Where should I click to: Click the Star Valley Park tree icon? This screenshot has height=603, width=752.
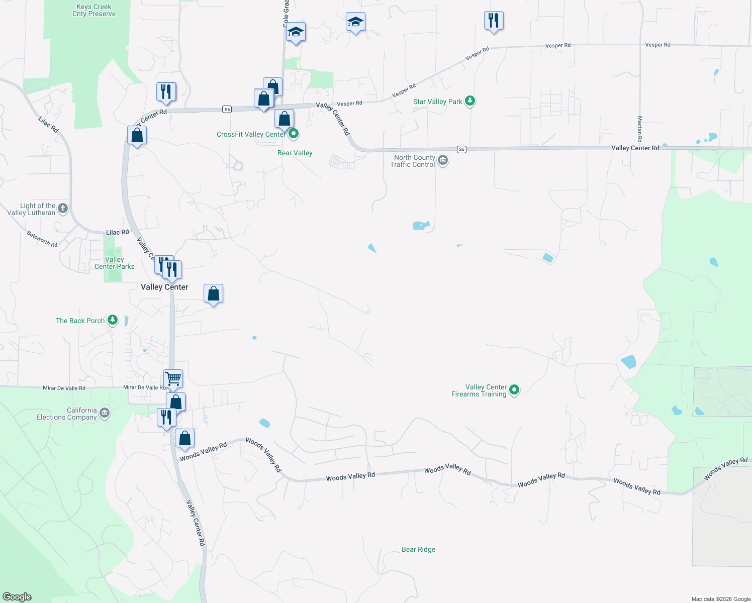pyautogui.click(x=470, y=101)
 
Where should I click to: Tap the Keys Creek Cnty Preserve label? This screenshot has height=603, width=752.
pyautogui.click(x=94, y=11)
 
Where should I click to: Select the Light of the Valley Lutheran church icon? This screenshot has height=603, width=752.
pyautogui.click(x=63, y=208)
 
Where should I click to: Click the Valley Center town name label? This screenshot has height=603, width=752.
pyautogui.click(x=164, y=287)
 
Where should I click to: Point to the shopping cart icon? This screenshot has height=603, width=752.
pyautogui.click(x=173, y=378)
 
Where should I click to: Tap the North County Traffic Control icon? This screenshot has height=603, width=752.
pyautogui.click(x=443, y=160)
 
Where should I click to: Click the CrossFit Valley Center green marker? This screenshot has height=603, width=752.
pyautogui.click(x=294, y=134)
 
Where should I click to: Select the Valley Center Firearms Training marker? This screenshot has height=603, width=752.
pyautogui.click(x=514, y=390)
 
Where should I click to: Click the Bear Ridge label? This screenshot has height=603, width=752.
pyautogui.click(x=418, y=549)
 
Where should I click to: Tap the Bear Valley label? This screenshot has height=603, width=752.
pyautogui.click(x=295, y=153)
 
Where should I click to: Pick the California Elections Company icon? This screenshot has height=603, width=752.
pyautogui.click(x=105, y=413)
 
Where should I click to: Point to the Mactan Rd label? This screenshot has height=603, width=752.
pyautogui.click(x=640, y=129)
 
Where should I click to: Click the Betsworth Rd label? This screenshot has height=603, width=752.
pyautogui.click(x=42, y=239)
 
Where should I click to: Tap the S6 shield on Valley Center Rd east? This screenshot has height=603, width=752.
pyautogui.click(x=461, y=149)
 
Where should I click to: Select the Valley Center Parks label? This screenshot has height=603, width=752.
pyautogui.click(x=115, y=263)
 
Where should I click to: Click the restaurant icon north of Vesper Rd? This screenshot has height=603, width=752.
pyautogui.click(x=493, y=21)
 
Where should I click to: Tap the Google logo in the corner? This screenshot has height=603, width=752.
pyautogui.click(x=17, y=597)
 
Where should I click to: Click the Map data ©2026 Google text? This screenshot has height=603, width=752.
pyautogui.click(x=720, y=599)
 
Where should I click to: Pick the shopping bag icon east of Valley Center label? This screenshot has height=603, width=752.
pyautogui.click(x=213, y=293)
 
